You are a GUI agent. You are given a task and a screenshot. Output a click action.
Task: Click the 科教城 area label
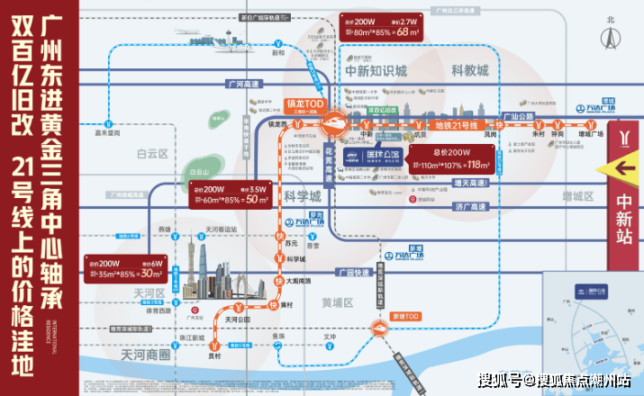click(x=469, y=70)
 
